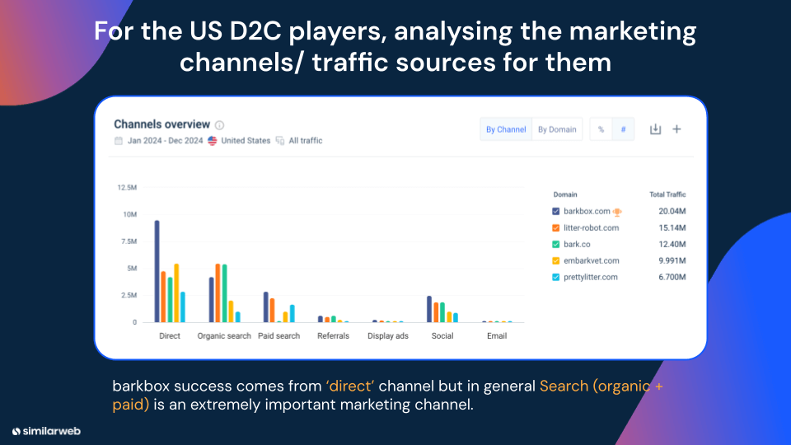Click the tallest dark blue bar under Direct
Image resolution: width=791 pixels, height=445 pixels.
pos(157,271)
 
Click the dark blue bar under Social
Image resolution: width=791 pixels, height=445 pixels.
pos(429,309)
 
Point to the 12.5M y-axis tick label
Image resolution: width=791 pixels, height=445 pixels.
pos(127,188)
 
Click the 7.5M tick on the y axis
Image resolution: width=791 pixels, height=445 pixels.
pos(129,241)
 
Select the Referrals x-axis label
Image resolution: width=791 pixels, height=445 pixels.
pos(334,336)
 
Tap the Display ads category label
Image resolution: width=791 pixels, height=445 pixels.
pos(387,336)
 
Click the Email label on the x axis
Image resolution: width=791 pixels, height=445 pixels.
pos(497,336)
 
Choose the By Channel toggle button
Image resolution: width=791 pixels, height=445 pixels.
pos(506,129)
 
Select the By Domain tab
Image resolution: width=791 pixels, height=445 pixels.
pos(557,129)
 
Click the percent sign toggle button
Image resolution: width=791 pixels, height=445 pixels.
pos(601,129)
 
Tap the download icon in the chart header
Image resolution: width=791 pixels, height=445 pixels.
pos(655,129)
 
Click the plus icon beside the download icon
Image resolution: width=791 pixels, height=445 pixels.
pos(676,129)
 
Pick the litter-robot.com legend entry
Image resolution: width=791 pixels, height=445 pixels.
pos(591,227)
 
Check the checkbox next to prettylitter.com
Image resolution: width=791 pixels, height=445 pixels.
pos(555,277)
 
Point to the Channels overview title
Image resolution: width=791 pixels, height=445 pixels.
pos(162,124)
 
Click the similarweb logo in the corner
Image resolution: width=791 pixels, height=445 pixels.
pos(46,430)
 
